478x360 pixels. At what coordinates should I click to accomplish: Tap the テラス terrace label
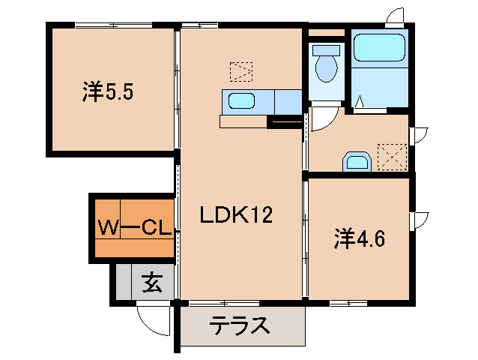[239, 327]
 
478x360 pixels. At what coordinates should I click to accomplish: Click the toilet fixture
[326, 64]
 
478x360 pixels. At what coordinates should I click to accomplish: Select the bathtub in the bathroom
[380, 48]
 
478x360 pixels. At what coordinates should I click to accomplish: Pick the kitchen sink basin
[240, 101]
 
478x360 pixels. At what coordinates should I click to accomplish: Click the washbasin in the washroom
[357, 162]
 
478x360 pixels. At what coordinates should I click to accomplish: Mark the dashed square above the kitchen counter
[241, 71]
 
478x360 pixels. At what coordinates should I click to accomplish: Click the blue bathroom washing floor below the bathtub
[380, 88]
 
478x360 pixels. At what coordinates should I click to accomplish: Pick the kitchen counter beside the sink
[287, 100]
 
